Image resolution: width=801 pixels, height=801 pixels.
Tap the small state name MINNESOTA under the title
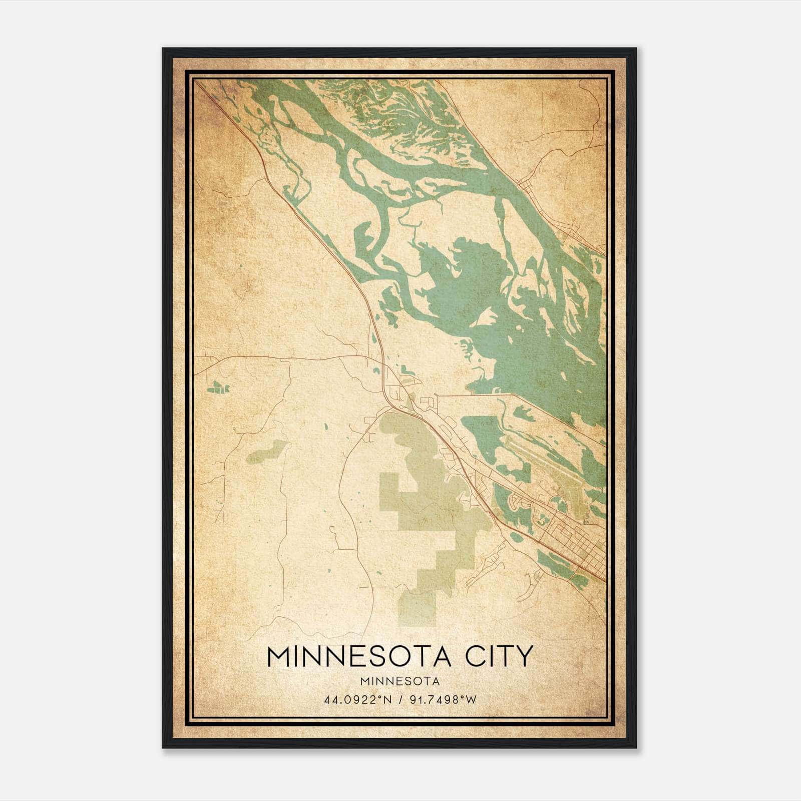399,681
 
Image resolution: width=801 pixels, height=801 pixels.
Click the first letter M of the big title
278,656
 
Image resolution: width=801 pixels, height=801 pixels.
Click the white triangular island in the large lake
485,316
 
